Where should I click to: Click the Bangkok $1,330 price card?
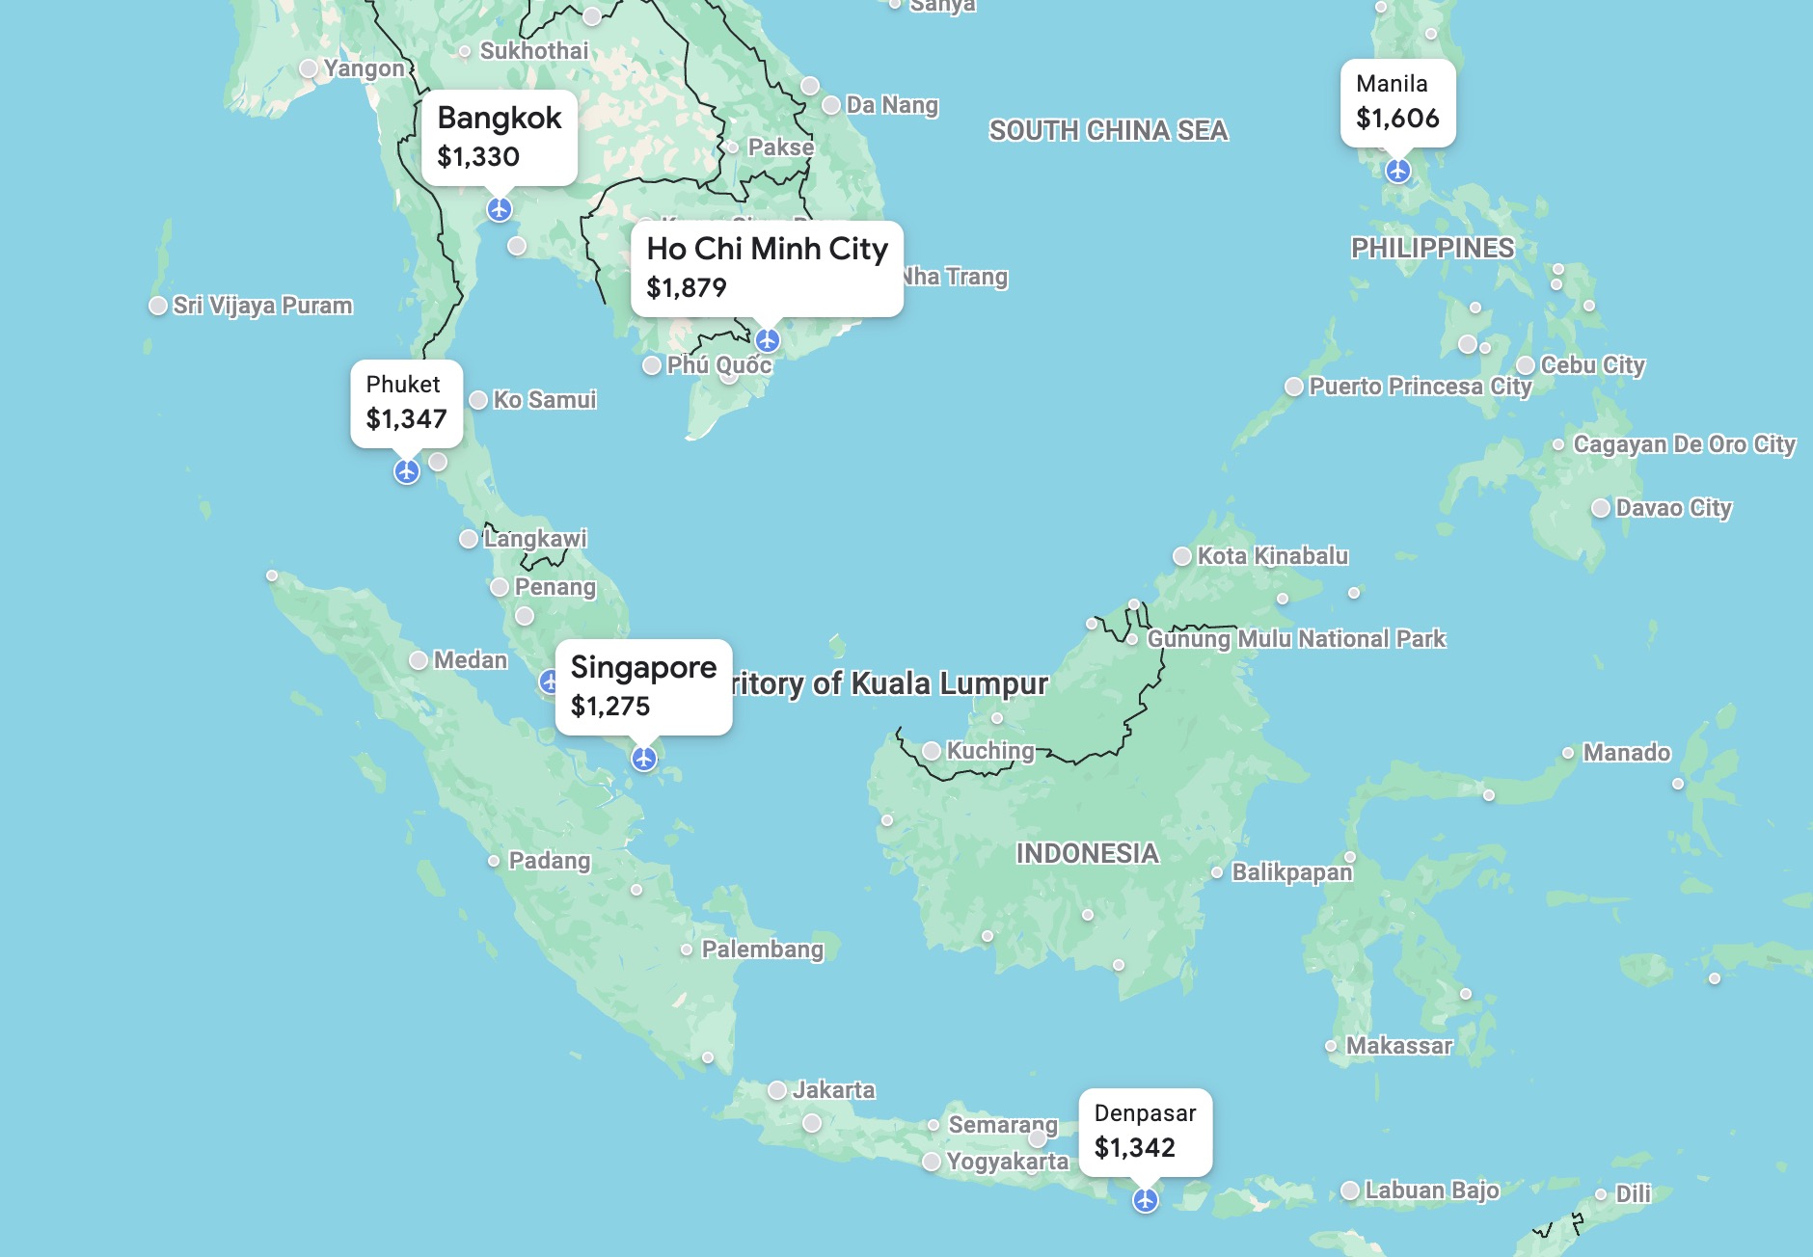click(x=499, y=137)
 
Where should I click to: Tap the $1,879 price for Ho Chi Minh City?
click(x=687, y=287)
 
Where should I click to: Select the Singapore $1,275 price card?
click(x=643, y=686)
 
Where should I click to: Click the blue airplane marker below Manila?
click(x=1397, y=171)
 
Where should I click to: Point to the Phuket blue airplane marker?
click(x=407, y=471)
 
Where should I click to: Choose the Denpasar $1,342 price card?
click(x=1145, y=1131)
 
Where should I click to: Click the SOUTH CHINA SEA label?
click(x=1108, y=130)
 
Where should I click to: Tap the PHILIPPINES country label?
click(x=1432, y=248)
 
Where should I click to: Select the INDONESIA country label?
click(x=1087, y=853)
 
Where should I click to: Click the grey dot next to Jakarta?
click(x=777, y=1090)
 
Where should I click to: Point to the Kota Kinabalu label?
click(x=1272, y=555)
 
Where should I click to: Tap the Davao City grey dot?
click(x=1600, y=508)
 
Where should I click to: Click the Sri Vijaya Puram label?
click(x=262, y=306)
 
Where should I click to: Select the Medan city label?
click(x=470, y=660)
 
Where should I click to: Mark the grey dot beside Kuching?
click(x=932, y=751)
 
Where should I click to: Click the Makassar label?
click(x=1398, y=1045)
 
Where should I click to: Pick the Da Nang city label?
click(x=891, y=104)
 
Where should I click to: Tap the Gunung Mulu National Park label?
click(x=1296, y=638)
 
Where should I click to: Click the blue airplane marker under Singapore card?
click(x=644, y=759)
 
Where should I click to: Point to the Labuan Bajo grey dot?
click(x=1350, y=1190)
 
